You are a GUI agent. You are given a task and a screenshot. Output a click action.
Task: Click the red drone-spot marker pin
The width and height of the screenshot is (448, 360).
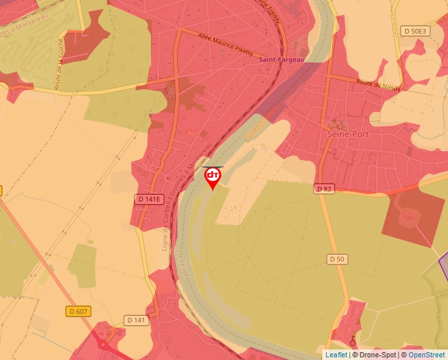tap(213, 177)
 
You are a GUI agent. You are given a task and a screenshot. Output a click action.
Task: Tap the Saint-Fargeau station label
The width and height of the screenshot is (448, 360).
tap(281, 60)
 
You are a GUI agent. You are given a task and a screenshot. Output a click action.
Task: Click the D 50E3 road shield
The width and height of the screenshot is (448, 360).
tap(415, 31)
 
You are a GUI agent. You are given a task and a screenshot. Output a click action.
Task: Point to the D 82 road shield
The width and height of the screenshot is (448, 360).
tap(323, 189)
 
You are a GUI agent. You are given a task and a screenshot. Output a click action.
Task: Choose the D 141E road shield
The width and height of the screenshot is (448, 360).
tap(149, 199)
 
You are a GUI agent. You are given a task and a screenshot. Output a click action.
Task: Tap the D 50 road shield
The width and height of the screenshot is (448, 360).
tap(336, 259)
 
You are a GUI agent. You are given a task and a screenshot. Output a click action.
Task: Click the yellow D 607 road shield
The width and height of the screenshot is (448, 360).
tap(79, 311)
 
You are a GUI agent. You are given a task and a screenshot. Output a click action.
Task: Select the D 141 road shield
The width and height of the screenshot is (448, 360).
tap(136, 320)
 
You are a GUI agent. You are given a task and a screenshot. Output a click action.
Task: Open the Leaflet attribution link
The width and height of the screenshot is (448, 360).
tap(336, 355)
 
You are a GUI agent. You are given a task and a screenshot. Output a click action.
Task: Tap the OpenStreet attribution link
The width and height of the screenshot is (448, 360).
tap(426, 355)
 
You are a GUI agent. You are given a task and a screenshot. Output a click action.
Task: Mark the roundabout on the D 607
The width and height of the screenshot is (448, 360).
tap(103, 344)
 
